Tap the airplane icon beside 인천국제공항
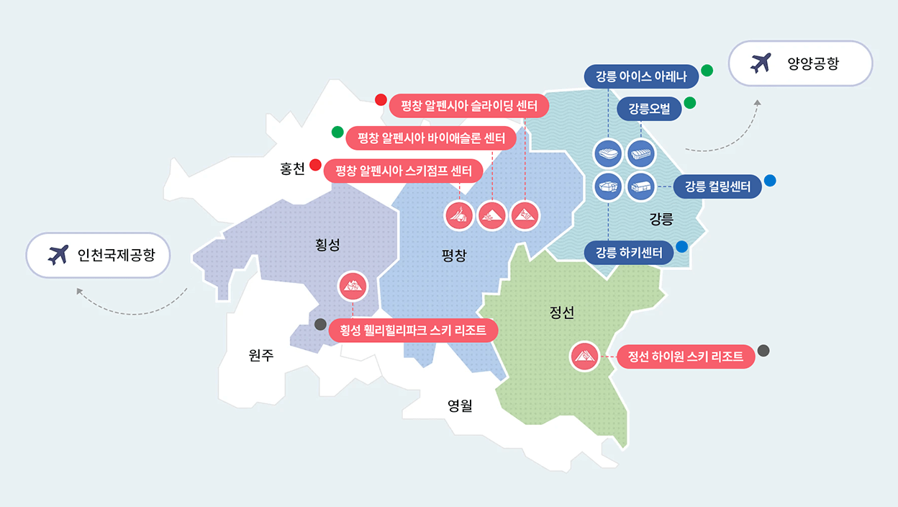click(x=58, y=254)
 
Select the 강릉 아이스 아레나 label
click(x=642, y=76)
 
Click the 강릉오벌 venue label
click(x=649, y=109)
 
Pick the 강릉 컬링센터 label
click(x=717, y=187)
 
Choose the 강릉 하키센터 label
click(x=629, y=252)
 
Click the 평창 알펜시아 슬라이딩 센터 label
click(x=469, y=106)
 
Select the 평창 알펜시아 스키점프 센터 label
click(x=404, y=171)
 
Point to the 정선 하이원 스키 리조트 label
click(x=686, y=356)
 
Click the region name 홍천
click(x=293, y=169)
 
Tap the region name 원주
click(x=261, y=355)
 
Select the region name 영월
click(x=460, y=405)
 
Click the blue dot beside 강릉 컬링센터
click(x=770, y=181)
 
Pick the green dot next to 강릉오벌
click(x=690, y=102)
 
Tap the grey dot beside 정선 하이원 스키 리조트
click(x=763, y=351)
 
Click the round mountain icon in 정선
click(x=584, y=356)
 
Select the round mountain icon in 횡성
click(x=353, y=287)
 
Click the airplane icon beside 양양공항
click(x=760, y=63)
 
